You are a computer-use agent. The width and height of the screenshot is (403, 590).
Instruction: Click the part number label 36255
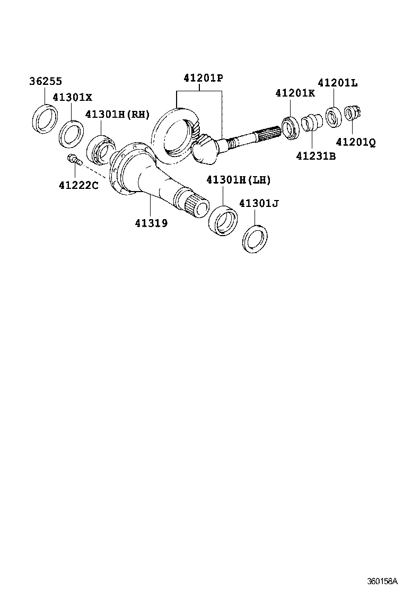coord(45,81)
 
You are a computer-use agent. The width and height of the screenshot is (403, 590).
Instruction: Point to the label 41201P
coord(203,78)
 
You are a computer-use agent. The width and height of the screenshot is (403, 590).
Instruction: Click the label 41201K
coord(295,93)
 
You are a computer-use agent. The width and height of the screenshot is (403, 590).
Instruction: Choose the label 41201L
coord(337,83)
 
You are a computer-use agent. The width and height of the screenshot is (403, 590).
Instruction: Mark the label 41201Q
coord(355,142)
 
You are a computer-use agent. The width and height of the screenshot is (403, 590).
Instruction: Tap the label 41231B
coord(316,156)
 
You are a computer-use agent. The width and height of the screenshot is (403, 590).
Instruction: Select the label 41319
coord(151,223)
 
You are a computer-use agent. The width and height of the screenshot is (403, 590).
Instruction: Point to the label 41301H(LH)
coord(238,180)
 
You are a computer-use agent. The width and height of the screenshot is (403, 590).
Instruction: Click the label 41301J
coord(258,203)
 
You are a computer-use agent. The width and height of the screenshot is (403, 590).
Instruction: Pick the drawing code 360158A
coord(382,582)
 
